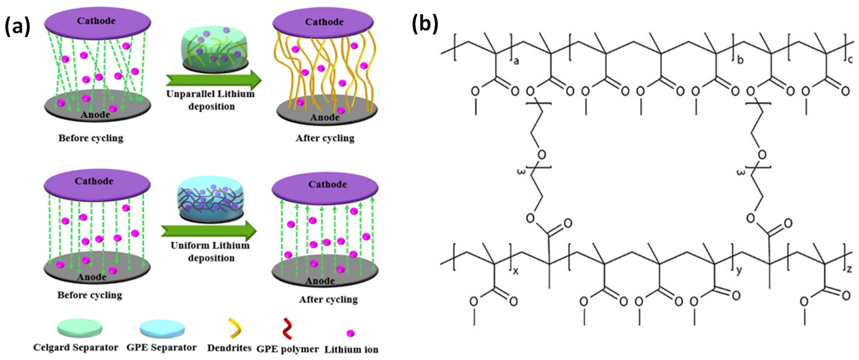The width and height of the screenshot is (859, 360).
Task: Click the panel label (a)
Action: pos(17,27)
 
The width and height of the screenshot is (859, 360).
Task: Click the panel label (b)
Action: pos(425,24)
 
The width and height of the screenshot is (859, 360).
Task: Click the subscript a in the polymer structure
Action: pos(516,61)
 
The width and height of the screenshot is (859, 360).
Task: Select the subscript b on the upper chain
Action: pos(740,60)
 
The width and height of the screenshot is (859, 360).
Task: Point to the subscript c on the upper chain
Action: pos(850,59)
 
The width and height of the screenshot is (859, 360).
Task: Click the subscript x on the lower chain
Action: pos(516,271)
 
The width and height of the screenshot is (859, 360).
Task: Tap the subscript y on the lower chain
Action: pos(739,270)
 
